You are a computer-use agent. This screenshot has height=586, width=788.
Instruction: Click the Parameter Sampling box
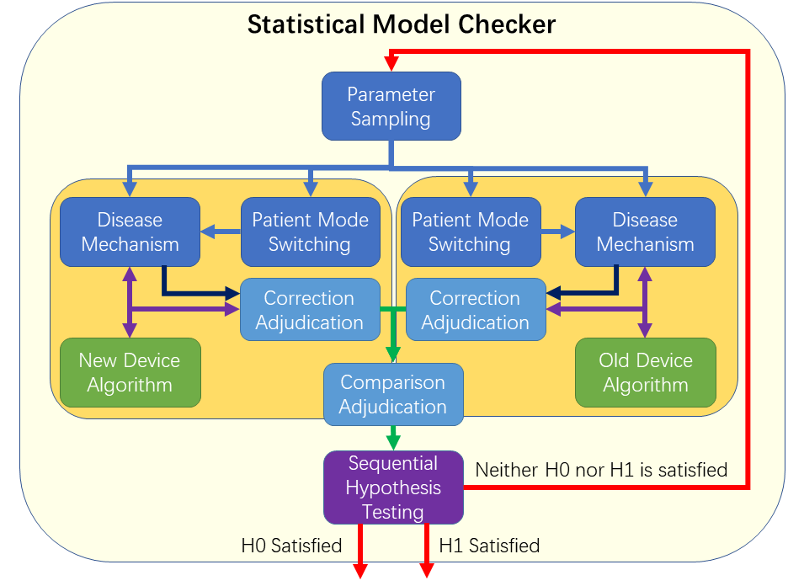[391, 106]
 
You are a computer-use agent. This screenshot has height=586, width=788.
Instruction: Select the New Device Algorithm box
[130, 372]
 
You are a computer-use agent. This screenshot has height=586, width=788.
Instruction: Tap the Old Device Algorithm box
[645, 372]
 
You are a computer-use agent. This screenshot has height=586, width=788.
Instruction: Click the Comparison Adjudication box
[393, 395]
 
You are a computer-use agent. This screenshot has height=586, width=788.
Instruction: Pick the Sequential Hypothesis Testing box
[393, 487]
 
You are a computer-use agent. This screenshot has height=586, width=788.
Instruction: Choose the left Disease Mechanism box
[130, 232]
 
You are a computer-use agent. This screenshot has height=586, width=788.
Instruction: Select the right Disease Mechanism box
[645, 232]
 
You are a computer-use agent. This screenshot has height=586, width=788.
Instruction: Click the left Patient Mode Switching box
[311, 232]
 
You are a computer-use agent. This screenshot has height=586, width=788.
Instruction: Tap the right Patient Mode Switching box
[471, 232]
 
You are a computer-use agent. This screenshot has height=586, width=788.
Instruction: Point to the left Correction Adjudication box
[310, 310]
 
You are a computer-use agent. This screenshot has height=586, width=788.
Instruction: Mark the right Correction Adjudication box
[476, 310]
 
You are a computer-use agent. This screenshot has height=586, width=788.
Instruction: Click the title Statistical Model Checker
[402, 24]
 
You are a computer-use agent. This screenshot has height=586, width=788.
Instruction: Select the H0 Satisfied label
[291, 546]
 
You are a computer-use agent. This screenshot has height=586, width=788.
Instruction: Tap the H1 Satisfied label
[489, 546]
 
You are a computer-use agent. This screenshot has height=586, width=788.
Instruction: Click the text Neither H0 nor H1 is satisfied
[601, 470]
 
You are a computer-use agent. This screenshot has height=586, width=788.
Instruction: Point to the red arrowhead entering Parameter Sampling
[391, 64]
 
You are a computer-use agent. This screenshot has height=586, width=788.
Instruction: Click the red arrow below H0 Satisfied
[360, 551]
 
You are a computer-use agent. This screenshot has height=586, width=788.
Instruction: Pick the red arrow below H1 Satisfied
[427, 551]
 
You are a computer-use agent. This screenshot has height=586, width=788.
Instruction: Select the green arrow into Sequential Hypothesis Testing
[393, 438]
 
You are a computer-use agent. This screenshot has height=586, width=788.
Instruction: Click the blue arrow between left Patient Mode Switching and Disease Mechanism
[221, 232]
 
